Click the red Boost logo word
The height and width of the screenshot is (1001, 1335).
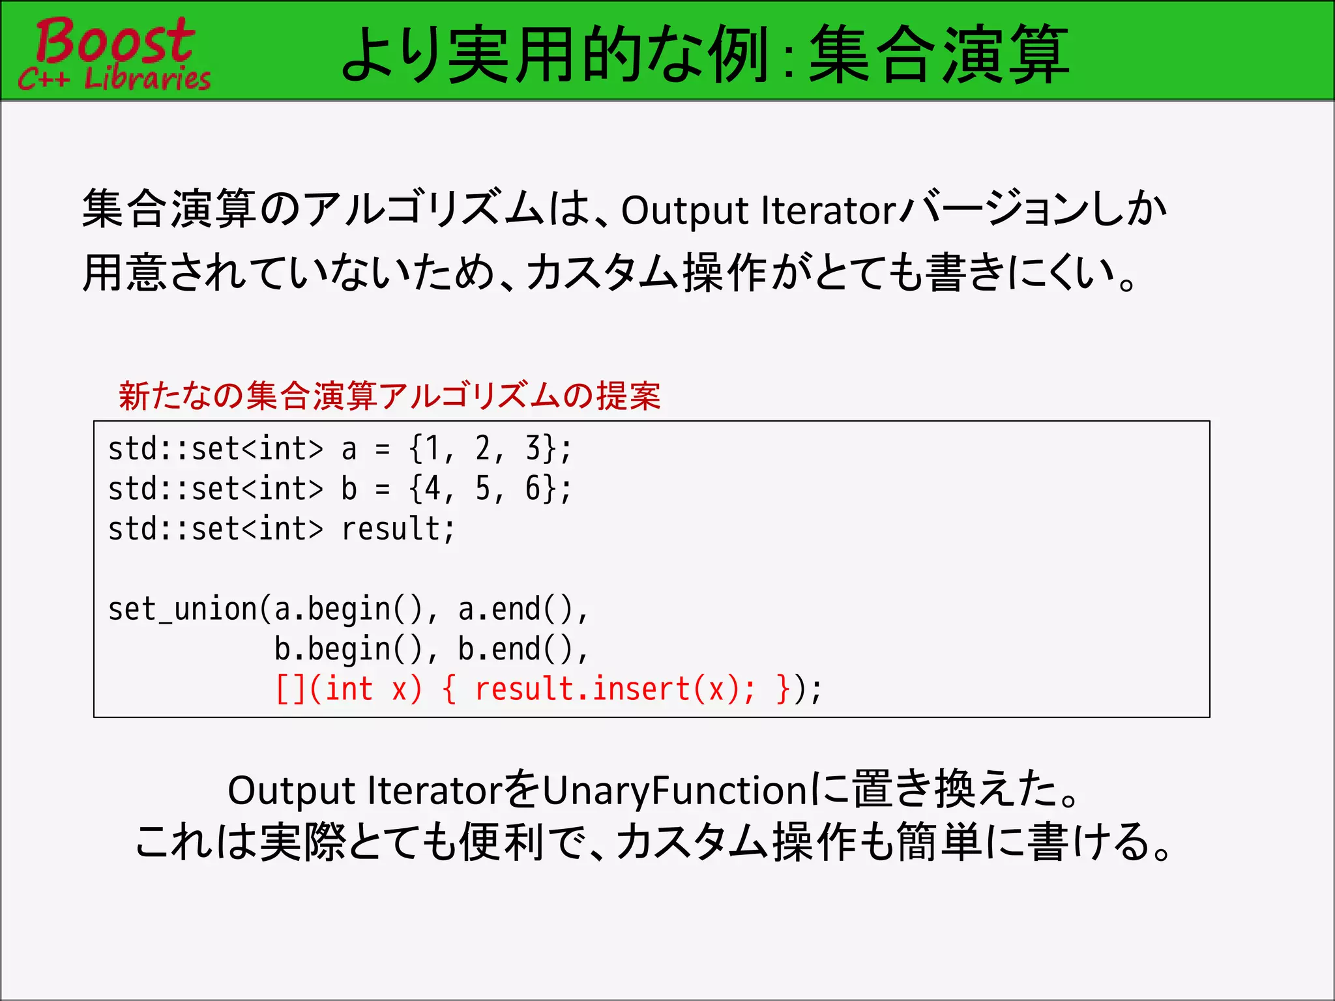point(115,40)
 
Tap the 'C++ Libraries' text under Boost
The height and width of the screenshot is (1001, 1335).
point(115,79)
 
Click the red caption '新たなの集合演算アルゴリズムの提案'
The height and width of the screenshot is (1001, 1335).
point(390,396)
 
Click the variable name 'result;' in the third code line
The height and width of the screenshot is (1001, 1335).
point(398,529)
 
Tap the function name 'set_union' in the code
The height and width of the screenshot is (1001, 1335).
point(183,609)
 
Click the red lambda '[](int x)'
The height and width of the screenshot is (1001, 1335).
point(349,689)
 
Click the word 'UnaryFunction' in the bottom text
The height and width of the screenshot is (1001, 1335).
point(675,791)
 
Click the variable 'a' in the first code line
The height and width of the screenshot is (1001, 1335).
point(349,449)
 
